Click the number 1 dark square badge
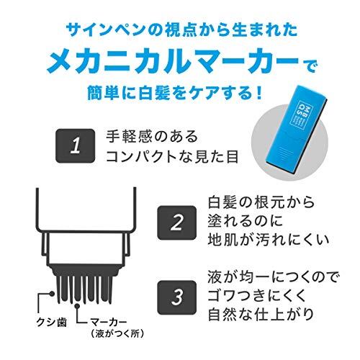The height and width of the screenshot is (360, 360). pyautogui.click(x=76, y=145)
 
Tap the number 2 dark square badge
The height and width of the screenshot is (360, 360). pyautogui.click(x=177, y=222)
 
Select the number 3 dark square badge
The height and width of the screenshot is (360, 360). pyautogui.click(x=177, y=297)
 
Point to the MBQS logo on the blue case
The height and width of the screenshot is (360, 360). pyautogui.click(x=301, y=112)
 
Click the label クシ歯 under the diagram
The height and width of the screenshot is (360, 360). pyautogui.click(x=51, y=322)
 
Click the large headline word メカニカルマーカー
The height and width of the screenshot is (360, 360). pyautogui.click(x=173, y=62)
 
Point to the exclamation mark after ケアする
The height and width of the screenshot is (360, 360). pyautogui.click(x=258, y=94)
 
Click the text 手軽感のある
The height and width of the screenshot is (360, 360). pyautogui.click(x=152, y=136)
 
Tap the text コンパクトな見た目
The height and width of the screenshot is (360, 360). pyautogui.click(x=172, y=157)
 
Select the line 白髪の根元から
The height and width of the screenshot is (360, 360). pyautogui.click(x=261, y=202)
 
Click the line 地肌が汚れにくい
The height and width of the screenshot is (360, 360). pyautogui.click(x=268, y=240)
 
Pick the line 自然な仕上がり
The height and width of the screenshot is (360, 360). pyautogui.click(x=261, y=315)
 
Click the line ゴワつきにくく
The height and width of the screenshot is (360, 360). pyautogui.click(x=257, y=295)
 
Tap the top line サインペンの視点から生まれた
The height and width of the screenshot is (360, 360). pyautogui.click(x=181, y=30)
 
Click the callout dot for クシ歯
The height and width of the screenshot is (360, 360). pyautogui.click(x=52, y=294)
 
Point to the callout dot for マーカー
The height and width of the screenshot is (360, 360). pyautogui.click(x=77, y=306)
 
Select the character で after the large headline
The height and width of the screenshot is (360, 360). pyautogui.click(x=310, y=67)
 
